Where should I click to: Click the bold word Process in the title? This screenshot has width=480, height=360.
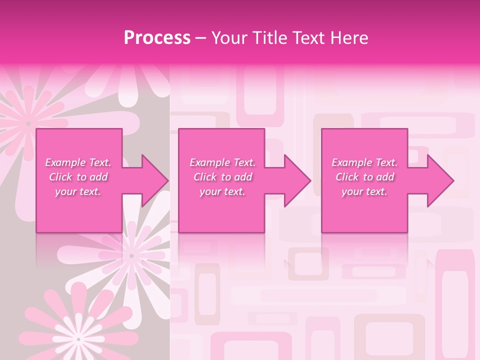[x=157, y=38]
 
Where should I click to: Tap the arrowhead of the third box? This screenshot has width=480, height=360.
[x=439, y=180]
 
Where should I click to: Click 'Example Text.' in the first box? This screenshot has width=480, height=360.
[x=78, y=162]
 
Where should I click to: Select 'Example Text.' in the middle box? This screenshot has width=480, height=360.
[x=222, y=162]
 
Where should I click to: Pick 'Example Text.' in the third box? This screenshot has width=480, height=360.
[x=364, y=162]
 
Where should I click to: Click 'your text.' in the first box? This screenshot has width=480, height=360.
[x=78, y=191]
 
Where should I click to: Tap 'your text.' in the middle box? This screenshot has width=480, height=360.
[x=222, y=191]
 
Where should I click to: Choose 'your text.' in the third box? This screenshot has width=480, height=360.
[x=364, y=191]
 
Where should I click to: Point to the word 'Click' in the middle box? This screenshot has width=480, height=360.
[x=205, y=177]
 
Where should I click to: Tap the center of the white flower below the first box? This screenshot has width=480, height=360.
[x=131, y=255]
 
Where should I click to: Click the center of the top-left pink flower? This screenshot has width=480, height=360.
[x=28, y=123]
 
